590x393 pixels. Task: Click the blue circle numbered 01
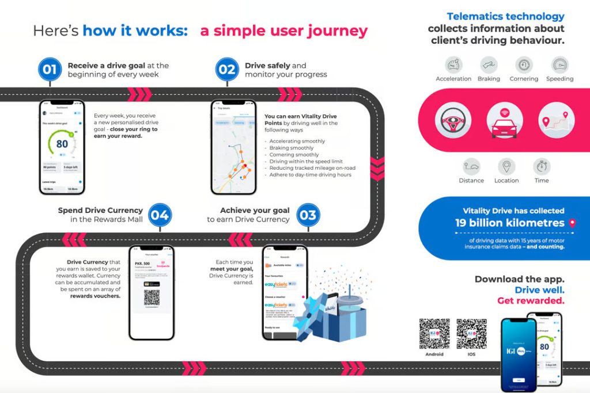50,70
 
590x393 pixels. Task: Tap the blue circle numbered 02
227,70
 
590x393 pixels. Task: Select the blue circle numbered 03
308,215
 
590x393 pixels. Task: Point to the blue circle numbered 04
160,215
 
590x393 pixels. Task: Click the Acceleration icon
453,64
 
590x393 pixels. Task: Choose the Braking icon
489,64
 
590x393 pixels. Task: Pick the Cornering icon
524,64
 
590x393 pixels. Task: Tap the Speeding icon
559,64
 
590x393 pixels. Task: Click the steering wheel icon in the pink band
453,120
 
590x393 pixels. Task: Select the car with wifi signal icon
505,120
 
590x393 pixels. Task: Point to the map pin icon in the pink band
557,120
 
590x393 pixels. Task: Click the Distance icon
471,167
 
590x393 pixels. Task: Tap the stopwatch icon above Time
542,167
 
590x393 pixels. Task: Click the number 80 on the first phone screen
62,143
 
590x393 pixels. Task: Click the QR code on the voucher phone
152,297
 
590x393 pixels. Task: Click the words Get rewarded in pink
531,300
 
